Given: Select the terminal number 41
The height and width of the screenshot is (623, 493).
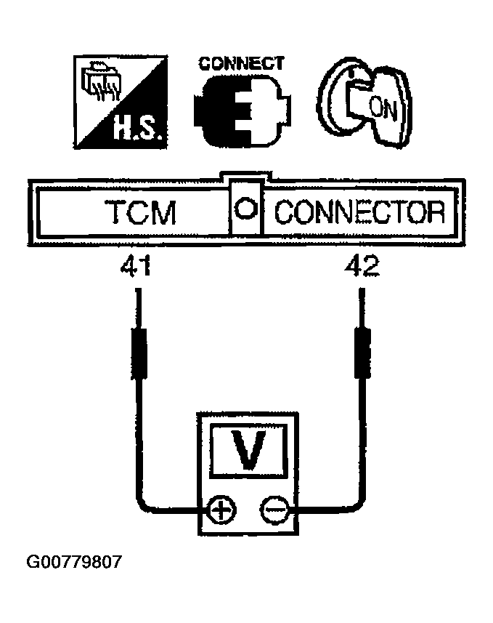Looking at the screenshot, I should (x=136, y=268).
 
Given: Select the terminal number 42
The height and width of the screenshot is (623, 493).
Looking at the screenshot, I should (x=360, y=268).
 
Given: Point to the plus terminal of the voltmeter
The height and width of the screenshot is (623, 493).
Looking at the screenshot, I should (x=219, y=509).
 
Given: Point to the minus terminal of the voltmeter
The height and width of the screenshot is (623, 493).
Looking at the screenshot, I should (x=274, y=509).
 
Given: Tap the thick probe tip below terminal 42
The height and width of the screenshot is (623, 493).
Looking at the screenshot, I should (x=361, y=352).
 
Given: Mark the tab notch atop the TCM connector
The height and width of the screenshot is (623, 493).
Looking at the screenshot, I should (x=246, y=177).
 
